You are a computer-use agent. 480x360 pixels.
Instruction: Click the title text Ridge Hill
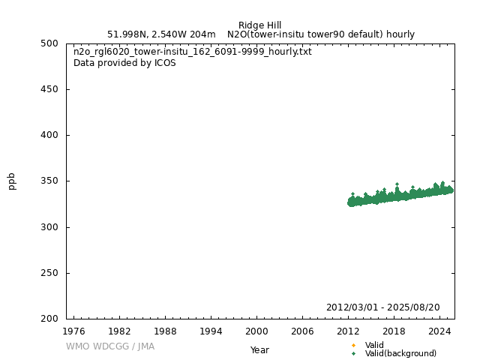click(x=259, y=25)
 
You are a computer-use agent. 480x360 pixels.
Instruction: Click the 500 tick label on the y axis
click(x=50, y=43)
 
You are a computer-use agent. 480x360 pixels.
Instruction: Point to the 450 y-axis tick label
click(x=50, y=89)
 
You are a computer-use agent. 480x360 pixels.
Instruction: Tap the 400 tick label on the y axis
click(x=50, y=135)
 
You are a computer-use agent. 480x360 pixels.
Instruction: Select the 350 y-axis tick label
click(x=50, y=181)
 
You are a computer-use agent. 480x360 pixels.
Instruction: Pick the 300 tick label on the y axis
click(x=50, y=227)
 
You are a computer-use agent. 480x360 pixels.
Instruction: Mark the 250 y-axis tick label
click(x=50, y=273)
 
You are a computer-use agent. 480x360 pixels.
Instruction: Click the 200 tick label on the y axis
click(x=50, y=319)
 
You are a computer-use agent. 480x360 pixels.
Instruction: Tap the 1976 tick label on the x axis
click(x=73, y=330)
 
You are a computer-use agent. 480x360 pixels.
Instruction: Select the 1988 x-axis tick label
click(x=165, y=330)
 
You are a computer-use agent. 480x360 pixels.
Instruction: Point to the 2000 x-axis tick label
click(x=256, y=330)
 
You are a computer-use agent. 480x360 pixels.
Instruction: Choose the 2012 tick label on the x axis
click(x=348, y=330)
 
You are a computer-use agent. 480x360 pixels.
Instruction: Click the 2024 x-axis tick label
click(x=439, y=330)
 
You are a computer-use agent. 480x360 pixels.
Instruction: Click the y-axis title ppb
click(x=12, y=181)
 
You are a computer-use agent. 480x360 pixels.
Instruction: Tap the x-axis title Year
click(x=259, y=349)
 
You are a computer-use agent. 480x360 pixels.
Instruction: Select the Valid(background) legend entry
click(x=400, y=353)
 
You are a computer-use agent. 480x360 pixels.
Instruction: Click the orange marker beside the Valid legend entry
click(x=353, y=345)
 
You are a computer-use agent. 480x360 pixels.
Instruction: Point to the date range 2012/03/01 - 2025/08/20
click(x=382, y=307)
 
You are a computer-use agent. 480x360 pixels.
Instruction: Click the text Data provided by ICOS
click(x=124, y=63)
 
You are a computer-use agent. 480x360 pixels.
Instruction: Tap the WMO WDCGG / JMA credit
click(x=110, y=346)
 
